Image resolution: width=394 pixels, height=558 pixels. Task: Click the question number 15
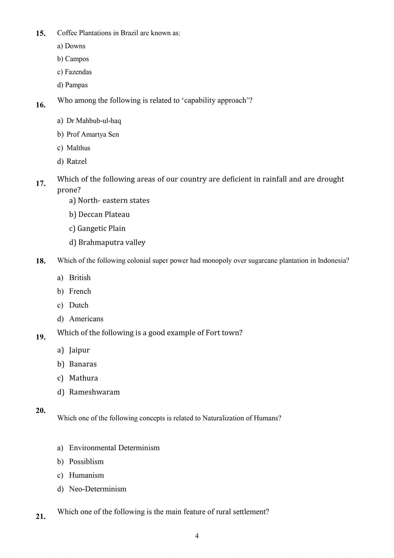pyautogui.click(x=41, y=33)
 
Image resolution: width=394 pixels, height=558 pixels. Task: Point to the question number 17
pyautogui.click(x=41, y=183)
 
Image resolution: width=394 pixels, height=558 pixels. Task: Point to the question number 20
pyautogui.click(x=41, y=410)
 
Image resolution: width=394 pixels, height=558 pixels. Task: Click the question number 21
pyautogui.click(x=41, y=517)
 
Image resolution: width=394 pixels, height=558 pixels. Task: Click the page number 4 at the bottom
pyautogui.click(x=197, y=536)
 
